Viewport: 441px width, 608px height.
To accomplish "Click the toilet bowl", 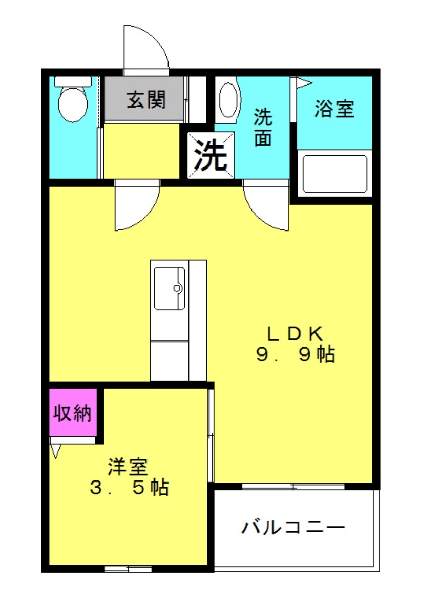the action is click(73, 104).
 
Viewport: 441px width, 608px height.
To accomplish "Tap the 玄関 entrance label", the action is click(146, 99).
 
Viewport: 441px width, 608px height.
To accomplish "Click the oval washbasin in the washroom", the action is click(228, 100).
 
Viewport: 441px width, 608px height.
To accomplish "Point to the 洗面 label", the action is click(263, 128).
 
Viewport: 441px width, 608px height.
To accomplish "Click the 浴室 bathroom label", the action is click(334, 109).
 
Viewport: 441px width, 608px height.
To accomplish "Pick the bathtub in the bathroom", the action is click(335, 174).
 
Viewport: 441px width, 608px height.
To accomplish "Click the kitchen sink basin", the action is click(169, 288).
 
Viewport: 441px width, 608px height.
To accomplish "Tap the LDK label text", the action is click(295, 333).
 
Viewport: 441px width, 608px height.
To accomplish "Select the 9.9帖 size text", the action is click(296, 354).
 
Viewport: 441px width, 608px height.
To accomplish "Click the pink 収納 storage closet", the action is click(73, 412).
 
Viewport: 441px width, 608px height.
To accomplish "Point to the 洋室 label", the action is click(128, 467).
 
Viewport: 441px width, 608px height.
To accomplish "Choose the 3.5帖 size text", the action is click(129, 488).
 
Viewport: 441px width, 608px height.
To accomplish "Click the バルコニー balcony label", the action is click(293, 528).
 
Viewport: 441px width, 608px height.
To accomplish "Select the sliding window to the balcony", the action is click(293, 486).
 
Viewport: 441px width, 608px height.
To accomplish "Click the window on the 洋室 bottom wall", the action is click(128, 569).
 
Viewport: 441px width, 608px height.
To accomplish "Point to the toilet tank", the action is click(73, 81).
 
